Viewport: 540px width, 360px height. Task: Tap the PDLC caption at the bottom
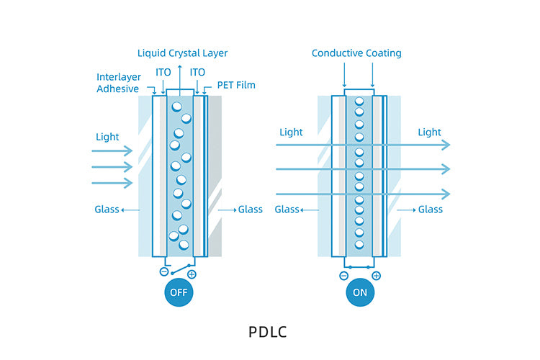click(x=269, y=333)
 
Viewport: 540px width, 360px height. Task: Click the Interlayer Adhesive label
click(x=118, y=83)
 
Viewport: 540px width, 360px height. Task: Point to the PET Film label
click(x=236, y=85)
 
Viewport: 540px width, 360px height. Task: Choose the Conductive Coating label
click(x=356, y=53)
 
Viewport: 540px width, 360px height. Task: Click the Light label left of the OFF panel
click(x=107, y=136)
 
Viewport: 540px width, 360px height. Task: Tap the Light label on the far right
click(x=430, y=132)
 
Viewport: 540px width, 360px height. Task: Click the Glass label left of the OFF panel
click(x=107, y=210)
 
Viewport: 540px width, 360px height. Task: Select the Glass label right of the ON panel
click(x=431, y=210)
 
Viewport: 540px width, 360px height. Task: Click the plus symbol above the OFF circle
click(x=192, y=274)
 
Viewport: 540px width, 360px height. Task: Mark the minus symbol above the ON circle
click(x=343, y=275)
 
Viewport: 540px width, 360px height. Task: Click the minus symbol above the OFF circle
click(x=163, y=272)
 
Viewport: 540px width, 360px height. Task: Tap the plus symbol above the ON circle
click(x=376, y=275)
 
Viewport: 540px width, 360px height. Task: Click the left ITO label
click(x=163, y=72)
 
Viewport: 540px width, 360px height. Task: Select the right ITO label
click(x=197, y=72)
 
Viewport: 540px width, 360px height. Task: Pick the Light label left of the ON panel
click(x=291, y=132)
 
